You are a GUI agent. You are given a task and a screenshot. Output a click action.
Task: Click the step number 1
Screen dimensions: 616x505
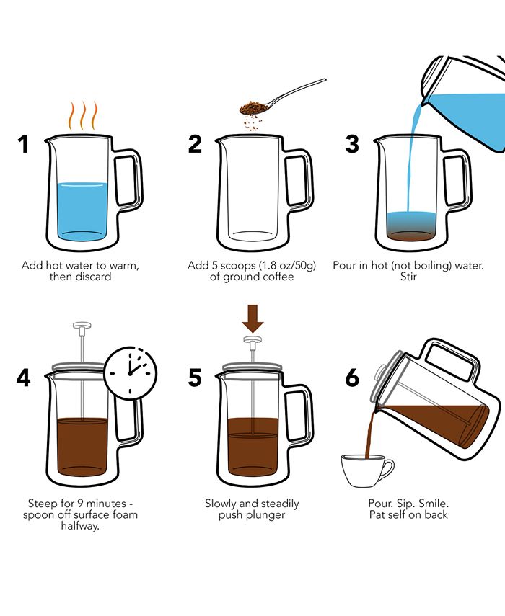pyautogui.click(x=24, y=144)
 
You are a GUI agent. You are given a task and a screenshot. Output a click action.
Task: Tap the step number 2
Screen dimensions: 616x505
pyautogui.click(x=195, y=144)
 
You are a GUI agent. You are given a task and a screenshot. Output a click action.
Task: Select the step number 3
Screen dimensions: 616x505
pyautogui.click(x=352, y=144)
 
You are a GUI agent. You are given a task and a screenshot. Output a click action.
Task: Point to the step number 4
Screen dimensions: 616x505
pyautogui.click(x=24, y=378)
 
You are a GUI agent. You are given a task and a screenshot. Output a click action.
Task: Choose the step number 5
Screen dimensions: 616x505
pyautogui.click(x=195, y=378)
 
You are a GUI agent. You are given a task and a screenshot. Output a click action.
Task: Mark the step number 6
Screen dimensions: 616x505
pyautogui.click(x=352, y=378)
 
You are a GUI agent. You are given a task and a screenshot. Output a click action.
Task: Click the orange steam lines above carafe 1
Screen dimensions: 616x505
pyautogui.click(x=82, y=115)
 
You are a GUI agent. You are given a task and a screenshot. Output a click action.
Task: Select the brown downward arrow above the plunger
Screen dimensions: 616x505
pyautogui.click(x=252, y=316)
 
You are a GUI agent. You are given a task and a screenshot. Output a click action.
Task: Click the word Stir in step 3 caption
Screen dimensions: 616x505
pyautogui.click(x=408, y=277)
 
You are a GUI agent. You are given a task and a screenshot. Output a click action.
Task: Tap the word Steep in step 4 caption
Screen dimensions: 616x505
pyautogui.click(x=43, y=503)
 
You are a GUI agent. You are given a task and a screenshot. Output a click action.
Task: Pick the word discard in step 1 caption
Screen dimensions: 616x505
pyautogui.click(x=93, y=277)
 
